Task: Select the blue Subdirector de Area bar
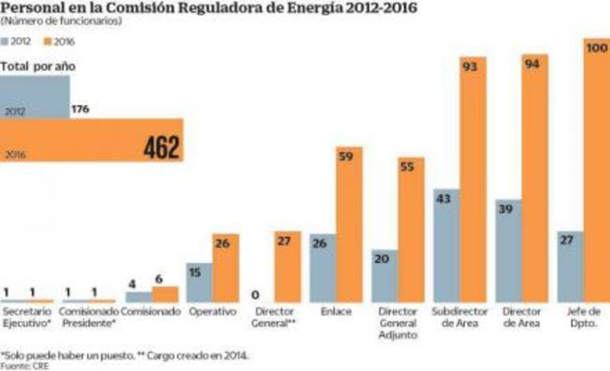(447, 245)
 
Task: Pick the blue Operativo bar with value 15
(199, 282)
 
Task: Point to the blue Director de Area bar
(508, 251)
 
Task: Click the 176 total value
(80, 110)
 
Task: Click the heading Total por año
(38, 67)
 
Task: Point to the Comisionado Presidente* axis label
(87, 317)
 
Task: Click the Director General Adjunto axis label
(398, 323)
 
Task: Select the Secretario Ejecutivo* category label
(27, 317)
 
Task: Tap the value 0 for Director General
(255, 294)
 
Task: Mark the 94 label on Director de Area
(532, 64)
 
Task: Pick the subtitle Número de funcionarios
(62, 22)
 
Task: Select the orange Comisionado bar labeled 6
(165, 294)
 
